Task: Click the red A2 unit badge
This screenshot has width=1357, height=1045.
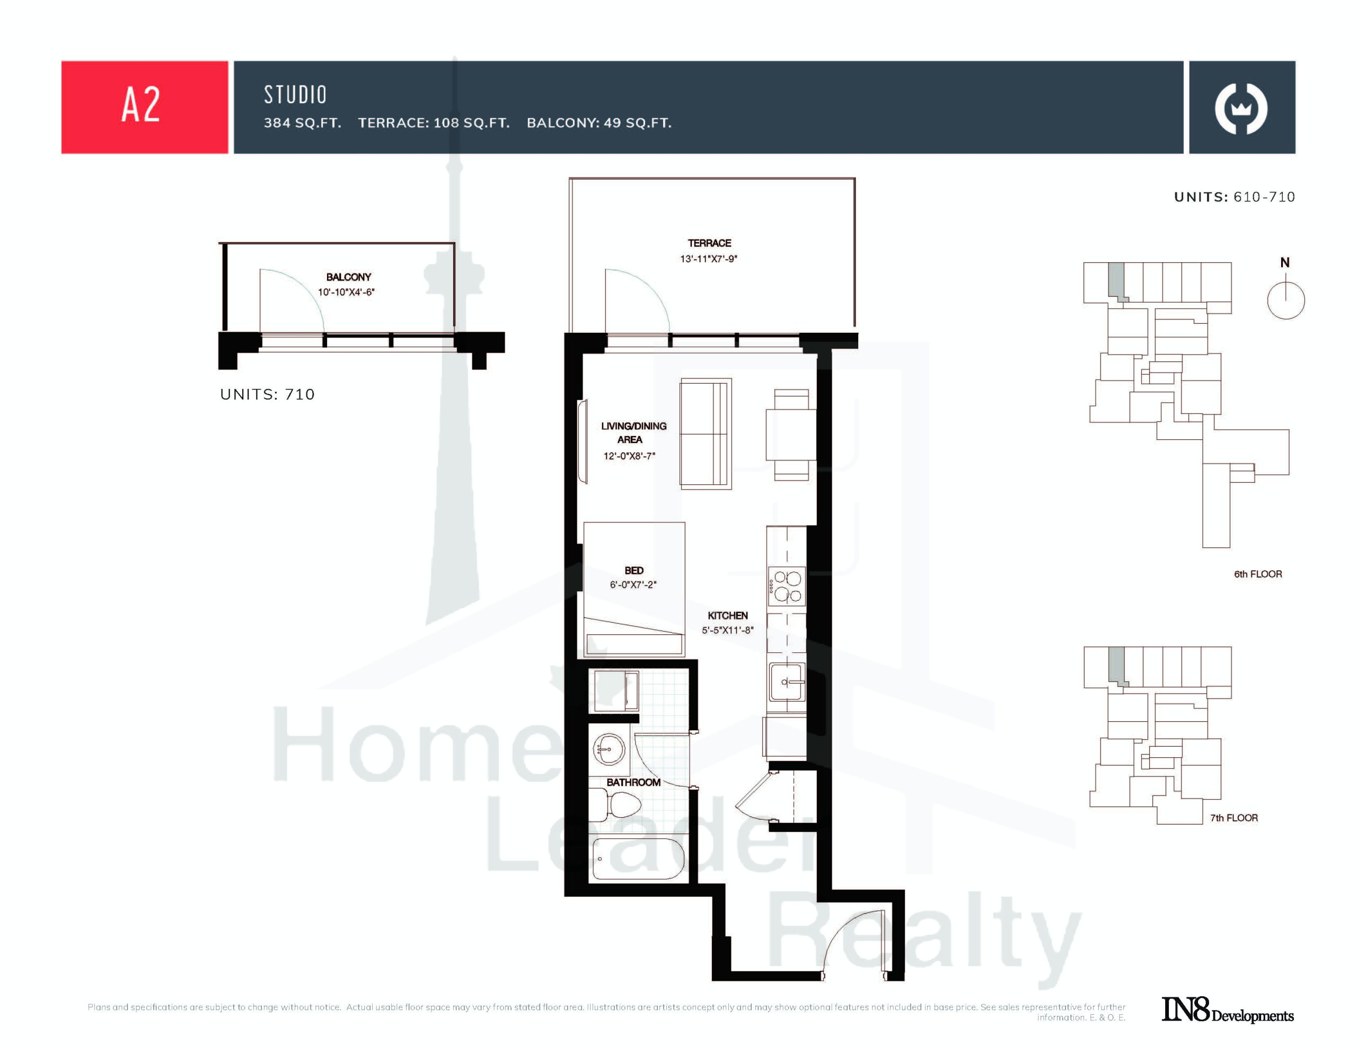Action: pyautogui.click(x=144, y=107)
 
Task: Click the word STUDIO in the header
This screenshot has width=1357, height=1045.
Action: pyautogui.click(x=295, y=95)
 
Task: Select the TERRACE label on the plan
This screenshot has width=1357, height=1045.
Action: pyautogui.click(x=709, y=243)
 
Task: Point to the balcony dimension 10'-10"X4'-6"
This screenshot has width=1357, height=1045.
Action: pyautogui.click(x=346, y=292)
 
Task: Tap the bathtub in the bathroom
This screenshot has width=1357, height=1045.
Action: pyautogui.click(x=638, y=859)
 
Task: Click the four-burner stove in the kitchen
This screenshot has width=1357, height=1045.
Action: pyautogui.click(x=787, y=586)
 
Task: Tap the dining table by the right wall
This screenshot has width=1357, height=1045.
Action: pyautogui.click(x=791, y=435)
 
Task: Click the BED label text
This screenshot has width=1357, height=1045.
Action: pyautogui.click(x=634, y=570)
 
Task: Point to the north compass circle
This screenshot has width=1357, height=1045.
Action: pyautogui.click(x=1285, y=300)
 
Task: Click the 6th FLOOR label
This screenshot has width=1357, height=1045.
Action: pyautogui.click(x=1257, y=574)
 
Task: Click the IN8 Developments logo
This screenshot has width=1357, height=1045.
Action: pyautogui.click(x=1228, y=1009)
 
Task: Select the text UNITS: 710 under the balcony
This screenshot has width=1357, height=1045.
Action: pyautogui.click(x=267, y=394)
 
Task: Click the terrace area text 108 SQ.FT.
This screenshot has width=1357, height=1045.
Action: pyautogui.click(x=472, y=123)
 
